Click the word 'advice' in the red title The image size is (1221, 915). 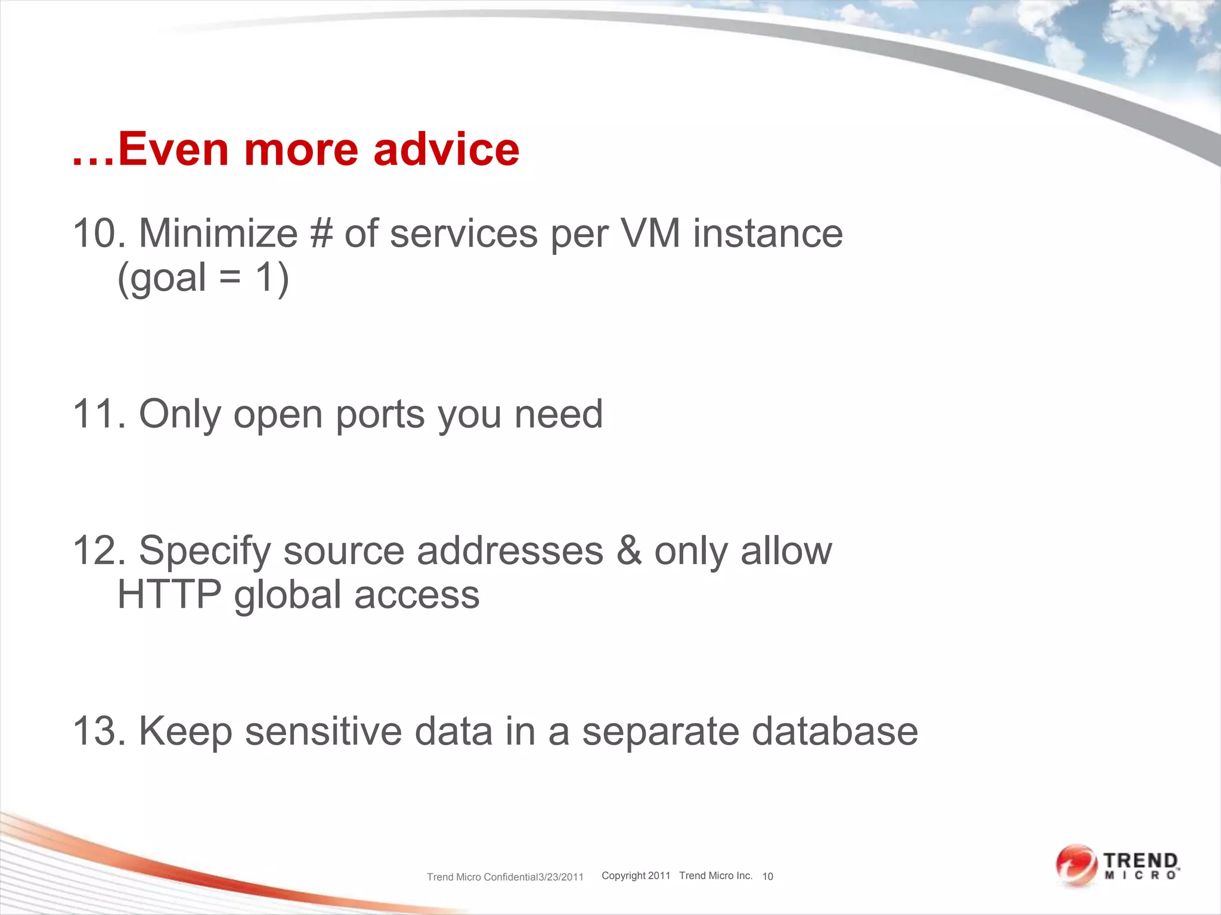446,149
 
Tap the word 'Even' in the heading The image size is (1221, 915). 173,149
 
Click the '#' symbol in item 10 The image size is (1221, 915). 321,233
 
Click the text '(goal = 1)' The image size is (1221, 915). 203,278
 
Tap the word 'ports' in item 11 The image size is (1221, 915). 380,415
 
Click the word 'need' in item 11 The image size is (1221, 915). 559,413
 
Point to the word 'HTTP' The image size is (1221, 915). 169,595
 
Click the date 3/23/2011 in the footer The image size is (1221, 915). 560,877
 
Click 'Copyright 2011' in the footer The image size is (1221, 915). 636,876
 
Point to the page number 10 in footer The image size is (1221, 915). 767,876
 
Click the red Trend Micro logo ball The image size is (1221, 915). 1075,865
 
